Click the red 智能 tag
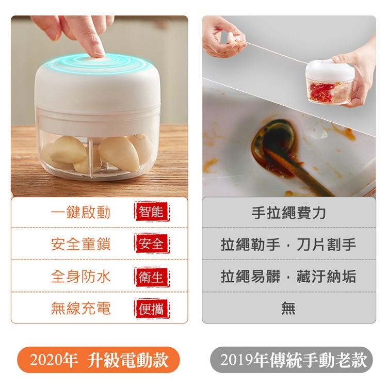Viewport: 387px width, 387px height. (x=152, y=212)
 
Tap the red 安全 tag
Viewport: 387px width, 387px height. (x=152, y=244)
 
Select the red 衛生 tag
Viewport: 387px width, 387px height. (x=152, y=277)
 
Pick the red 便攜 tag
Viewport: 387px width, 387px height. (x=152, y=309)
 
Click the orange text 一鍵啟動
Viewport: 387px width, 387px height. (x=80, y=212)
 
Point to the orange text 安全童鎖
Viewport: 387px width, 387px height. (x=80, y=244)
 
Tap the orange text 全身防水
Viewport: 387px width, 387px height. (x=80, y=277)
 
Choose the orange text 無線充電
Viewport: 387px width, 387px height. (x=80, y=308)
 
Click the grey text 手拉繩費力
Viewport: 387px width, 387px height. (x=288, y=213)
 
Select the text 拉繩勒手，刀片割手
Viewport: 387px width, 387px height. (x=288, y=245)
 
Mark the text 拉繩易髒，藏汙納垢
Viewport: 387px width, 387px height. (x=288, y=276)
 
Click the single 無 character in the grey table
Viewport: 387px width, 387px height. (x=288, y=308)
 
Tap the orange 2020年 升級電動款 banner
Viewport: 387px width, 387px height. (x=98, y=360)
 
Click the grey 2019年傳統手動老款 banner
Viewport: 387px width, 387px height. (x=291, y=360)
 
